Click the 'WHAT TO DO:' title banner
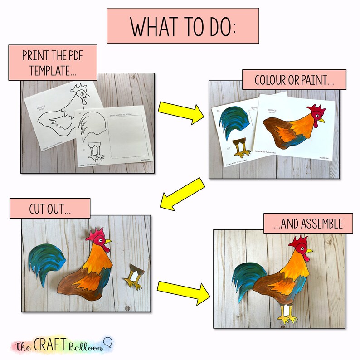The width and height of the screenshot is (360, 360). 183,26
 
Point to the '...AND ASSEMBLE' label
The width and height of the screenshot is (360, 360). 308,223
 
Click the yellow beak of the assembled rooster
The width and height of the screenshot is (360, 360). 309,250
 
